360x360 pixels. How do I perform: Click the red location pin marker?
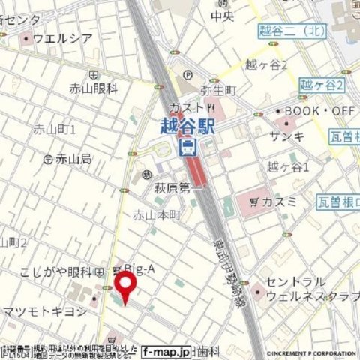pos(124,285)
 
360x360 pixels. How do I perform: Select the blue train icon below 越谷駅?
pos(189,145)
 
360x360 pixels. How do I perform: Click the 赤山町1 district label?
pos(55,130)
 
